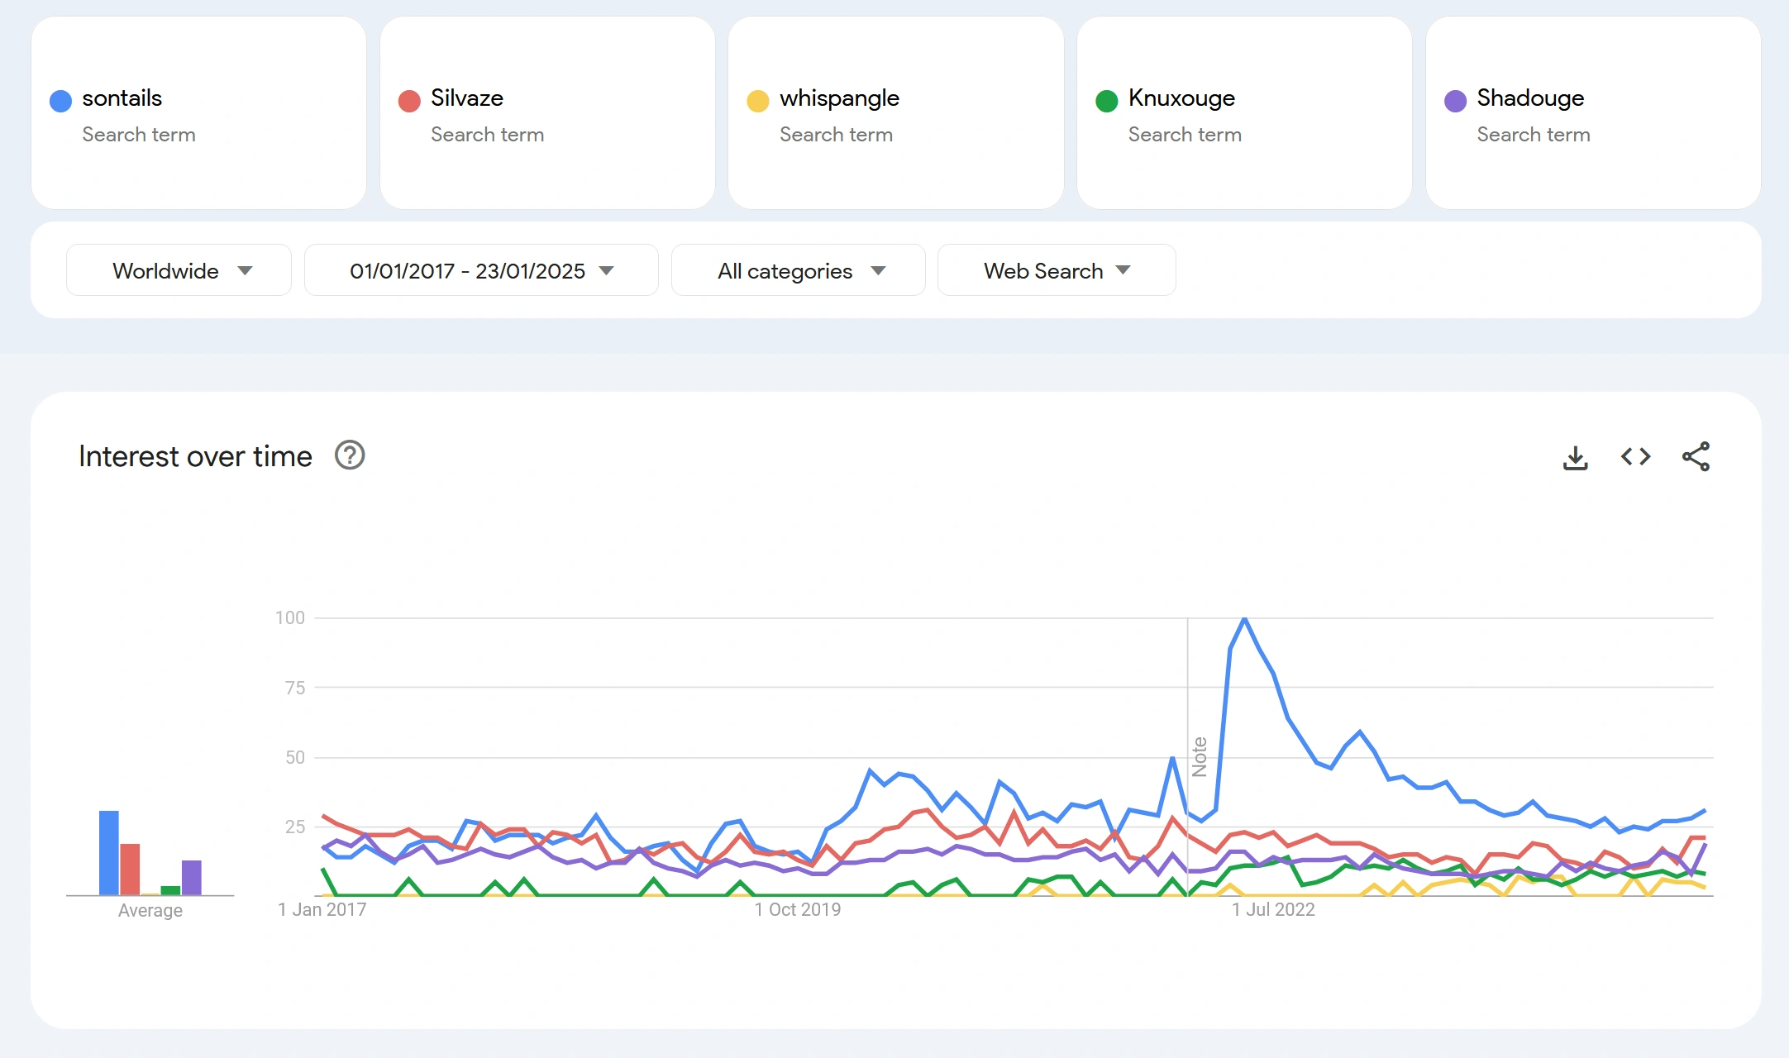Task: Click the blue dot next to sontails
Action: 60,101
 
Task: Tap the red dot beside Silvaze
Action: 409,101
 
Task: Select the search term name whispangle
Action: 839,98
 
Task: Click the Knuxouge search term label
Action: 1181,98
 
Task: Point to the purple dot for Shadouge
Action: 1455,101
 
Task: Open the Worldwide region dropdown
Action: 179,270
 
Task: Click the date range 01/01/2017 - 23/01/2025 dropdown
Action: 481,270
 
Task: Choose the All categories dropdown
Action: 798,270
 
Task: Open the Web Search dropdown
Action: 1056,270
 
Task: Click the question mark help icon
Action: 350,455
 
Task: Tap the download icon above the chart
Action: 1575,457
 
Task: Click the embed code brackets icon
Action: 1635,456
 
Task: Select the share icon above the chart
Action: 1696,456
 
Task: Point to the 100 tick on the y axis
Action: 290,617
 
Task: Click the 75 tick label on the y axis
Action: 295,688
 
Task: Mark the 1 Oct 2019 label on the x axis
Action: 797,909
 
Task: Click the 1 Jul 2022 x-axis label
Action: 1273,909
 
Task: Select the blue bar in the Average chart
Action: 109,852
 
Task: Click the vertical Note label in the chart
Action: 1200,756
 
